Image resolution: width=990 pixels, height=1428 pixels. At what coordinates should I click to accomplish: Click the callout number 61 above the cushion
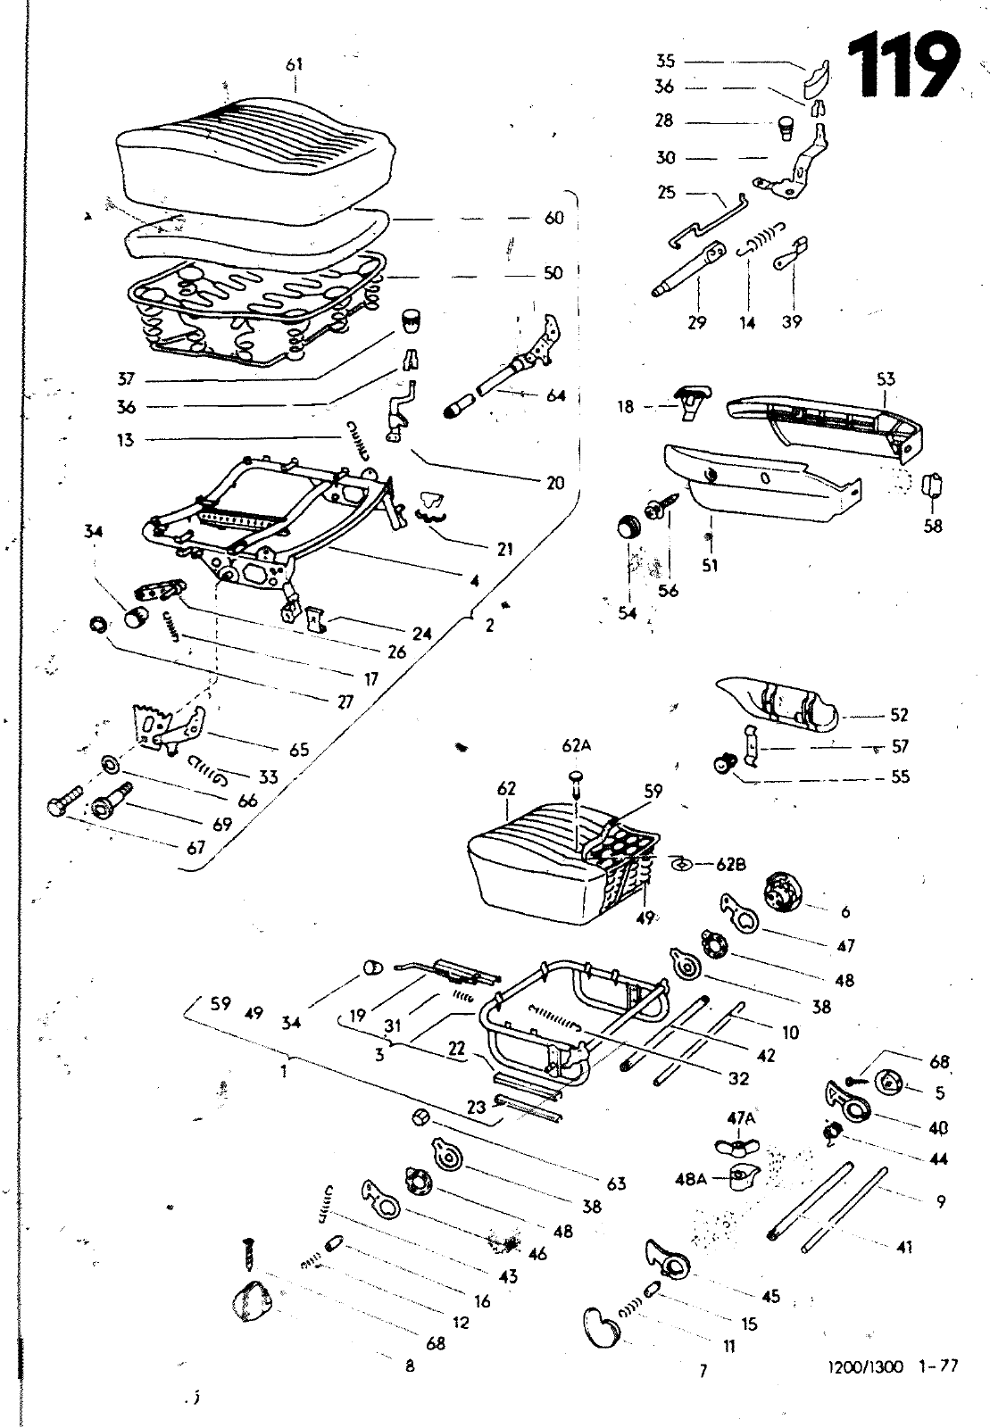295,63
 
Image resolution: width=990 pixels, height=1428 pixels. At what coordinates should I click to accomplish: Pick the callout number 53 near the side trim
885,379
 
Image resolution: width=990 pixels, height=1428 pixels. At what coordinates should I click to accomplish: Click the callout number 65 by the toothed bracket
299,750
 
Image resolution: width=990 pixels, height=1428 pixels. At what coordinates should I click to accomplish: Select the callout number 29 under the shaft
696,322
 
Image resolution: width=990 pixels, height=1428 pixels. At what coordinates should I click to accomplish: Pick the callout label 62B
732,864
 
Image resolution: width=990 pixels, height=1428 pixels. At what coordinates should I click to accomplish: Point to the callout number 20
554,483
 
